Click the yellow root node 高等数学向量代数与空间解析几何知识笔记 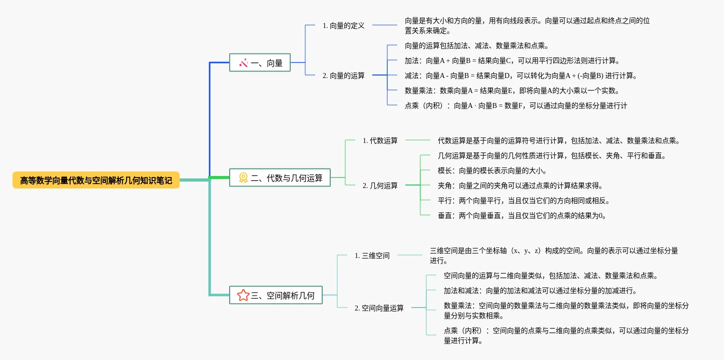coord(96,180)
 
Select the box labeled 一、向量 coord(260,62)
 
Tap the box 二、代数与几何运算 coord(280,177)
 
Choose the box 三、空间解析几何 coord(276,295)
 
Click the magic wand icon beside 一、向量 coord(244,63)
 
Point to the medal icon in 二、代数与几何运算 coord(243,177)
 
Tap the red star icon coord(243,295)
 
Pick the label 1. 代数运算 coord(380,140)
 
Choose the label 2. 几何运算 coord(380,185)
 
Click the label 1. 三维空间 coord(372,255)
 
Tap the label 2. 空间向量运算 coord(379,308)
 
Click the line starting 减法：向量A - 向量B coord(520,75)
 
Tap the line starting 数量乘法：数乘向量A coord(512,90)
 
